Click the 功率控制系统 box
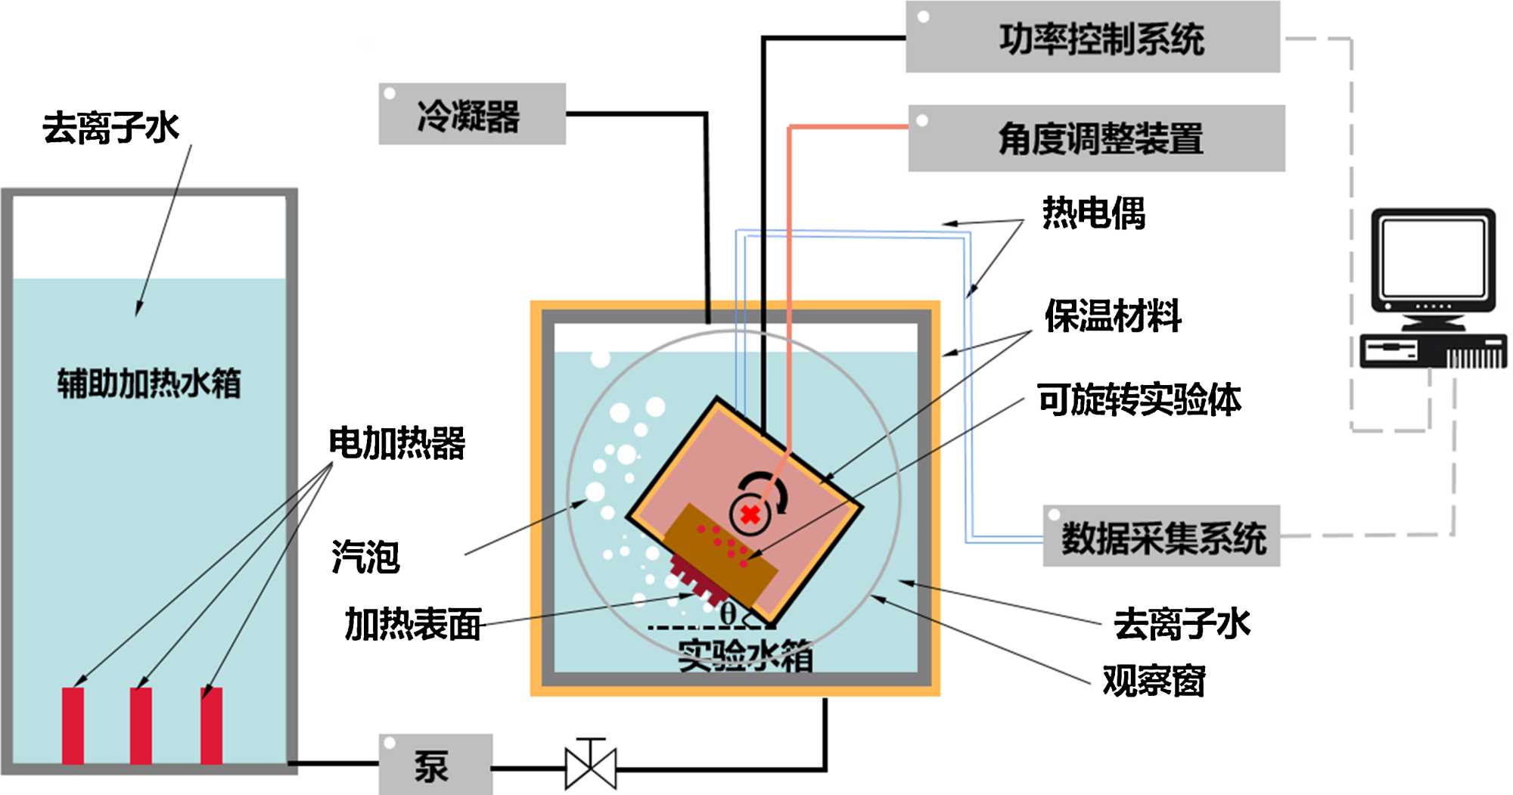(x=1092, y=38)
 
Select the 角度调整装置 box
(x=1096, y=138)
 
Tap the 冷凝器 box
(x=472, y=114)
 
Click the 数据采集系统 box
(x=1161, y=536)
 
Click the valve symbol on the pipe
(x=591, y=767)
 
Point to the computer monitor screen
(x=1432, y=257)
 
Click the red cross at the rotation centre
(x=750, y=515)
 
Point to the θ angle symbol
(x=728, y=613)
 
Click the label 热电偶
(x=1093, y=213)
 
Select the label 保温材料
(x=1112, y=315)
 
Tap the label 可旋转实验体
(x=1139, y=399)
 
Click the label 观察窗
(x=1154, y=681)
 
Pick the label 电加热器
(x=396, y=443)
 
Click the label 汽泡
(x=365, y=557)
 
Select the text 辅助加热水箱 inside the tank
(x=149, y=383)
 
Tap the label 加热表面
(x=413, y=625)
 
